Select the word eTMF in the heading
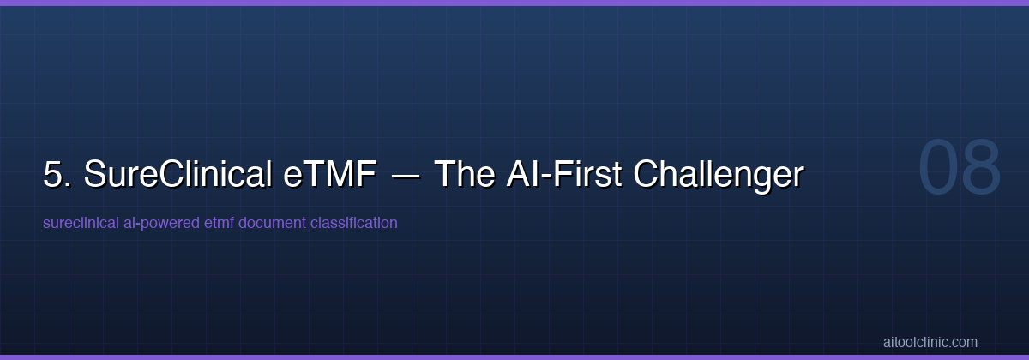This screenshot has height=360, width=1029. [329, 175]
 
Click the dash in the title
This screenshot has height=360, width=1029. [406, 176]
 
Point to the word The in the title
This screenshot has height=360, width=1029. [465, 175]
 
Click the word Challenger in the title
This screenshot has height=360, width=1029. [719, 175]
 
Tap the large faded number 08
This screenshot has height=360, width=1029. [960, 168]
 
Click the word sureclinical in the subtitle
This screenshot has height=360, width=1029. [75, 223]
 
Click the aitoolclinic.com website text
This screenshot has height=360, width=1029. [930, 342]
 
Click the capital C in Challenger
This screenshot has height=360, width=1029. [647, 175]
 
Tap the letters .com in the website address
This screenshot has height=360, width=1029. [964, 342]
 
